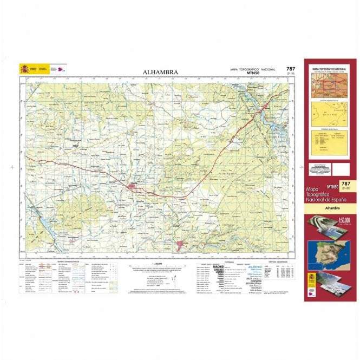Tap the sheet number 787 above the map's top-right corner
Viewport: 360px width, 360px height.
pos(291,69)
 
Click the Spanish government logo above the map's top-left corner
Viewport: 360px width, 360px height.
pos(34,69)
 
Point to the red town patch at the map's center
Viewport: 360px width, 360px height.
pos(133,187)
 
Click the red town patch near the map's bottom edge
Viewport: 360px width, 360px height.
pos(181,246)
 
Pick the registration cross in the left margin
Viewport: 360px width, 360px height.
pos(12,168)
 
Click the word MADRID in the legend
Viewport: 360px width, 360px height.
pos(218,267)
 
